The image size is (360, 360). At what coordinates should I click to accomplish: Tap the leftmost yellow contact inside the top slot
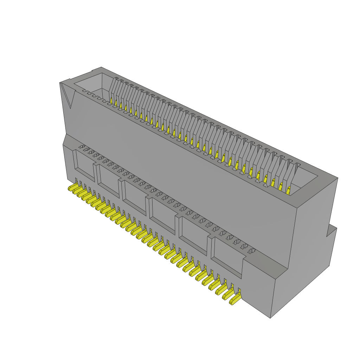pyautogui.click(x=111, y=101)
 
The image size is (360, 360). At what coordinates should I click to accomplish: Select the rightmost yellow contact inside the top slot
pyautogui.click(x=288, y=191)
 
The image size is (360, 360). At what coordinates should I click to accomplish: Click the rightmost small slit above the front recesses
pyautogui.click(x=252, y=251)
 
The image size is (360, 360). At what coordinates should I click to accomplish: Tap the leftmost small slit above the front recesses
pyautogui.click(x=81, y=146)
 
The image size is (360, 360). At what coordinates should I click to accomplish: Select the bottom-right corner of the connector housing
pyautogui.click(x=270, y=318)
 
